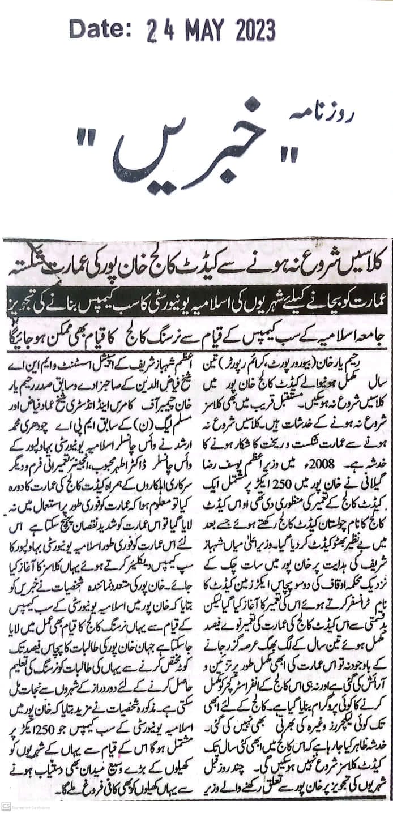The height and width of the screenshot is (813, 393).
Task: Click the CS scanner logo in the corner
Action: click(5, 806)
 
